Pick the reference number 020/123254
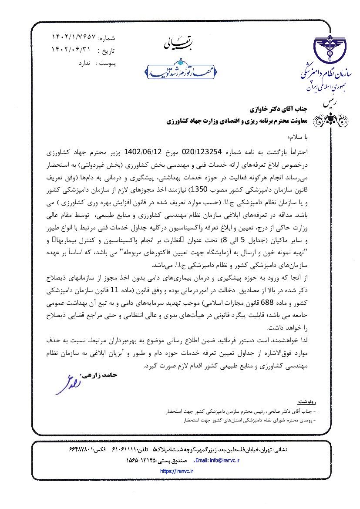click(x=203, y=152)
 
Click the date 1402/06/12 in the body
click(x=144, y=152)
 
